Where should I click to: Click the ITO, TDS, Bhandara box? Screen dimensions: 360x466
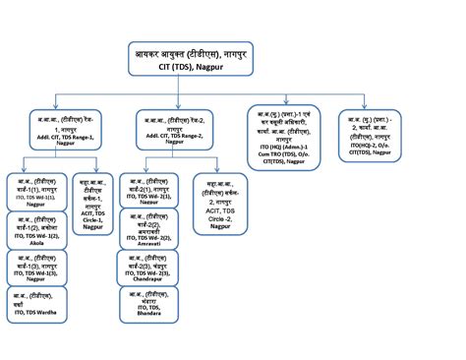(148, 304)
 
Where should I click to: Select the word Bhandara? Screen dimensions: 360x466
(150, 317)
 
